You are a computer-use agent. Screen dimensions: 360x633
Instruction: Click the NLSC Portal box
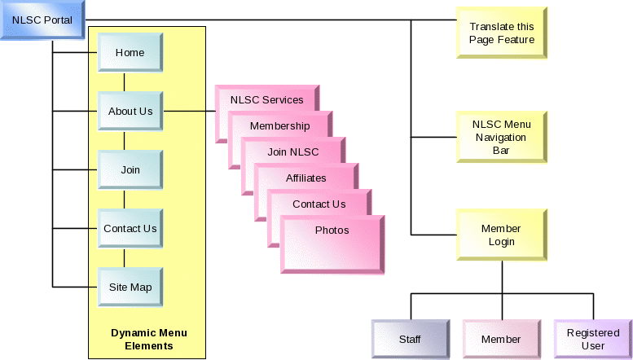pyautogui.click(x=42, y=20)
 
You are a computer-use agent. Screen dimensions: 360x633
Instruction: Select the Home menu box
pyautogui.click(x=130, y=53)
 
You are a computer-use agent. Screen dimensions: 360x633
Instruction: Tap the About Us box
pyautogui.click(x=130, y=112)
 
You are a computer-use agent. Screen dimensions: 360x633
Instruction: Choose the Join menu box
pyautogui.click(x=130, y=170)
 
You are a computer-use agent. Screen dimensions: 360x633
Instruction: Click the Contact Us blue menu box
pyautogui.click(x=130, y=229)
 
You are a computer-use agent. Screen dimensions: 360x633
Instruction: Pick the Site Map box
pyautogui.click(x=130, y=288)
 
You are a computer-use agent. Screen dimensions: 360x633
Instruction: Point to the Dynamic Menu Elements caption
pyautogui.click(x=148, y=339)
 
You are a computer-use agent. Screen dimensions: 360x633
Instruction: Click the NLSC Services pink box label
pyautogui.click(x=266, y=100)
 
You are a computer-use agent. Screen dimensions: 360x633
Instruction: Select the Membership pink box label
pyautogui.click(x=279, y=126)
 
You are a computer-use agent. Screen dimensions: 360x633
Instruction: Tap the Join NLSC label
pyautogui.click(x=293, y=152)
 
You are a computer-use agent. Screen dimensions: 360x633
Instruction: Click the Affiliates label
pyautogui.click(x=306, y=178)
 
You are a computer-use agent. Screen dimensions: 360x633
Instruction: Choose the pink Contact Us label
pyautogui.click(x=319, y=204)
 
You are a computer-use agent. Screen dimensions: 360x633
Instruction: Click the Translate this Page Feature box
pyautogui.click(x=501, y=33)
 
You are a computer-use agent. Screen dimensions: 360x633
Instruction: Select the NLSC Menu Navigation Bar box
pyautogui.click(x=501, y=138)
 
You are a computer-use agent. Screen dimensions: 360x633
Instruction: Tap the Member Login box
pyautogui.click(x=501, y=235)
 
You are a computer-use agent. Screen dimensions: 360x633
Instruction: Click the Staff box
pyautogui.click(x=410, y=339)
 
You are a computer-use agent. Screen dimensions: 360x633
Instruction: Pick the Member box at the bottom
pyautogui.click(x=501, y=339)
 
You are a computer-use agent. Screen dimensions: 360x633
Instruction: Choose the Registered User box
pyautogui.click(x=592, y=339)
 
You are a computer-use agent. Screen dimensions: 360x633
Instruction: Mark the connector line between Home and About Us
pyautogui.click(x=124, y=82)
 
